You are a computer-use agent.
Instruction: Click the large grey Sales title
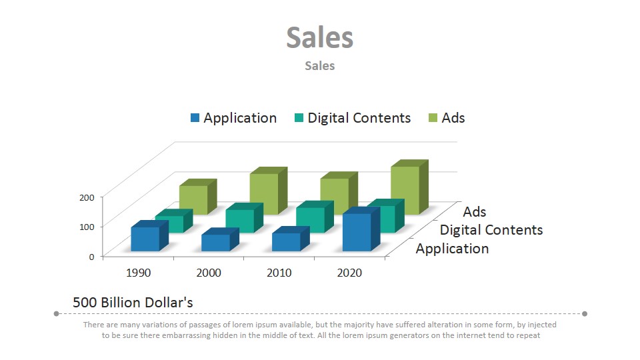point(320,37)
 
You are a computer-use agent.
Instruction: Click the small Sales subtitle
point(320,65)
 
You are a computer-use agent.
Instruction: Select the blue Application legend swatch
point(195,118)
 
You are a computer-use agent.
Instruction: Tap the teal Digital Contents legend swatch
point(299,118)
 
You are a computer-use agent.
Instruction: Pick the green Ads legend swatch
point(433,118)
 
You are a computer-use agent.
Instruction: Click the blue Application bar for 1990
point(145,239)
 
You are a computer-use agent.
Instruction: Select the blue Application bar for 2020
point(357,232)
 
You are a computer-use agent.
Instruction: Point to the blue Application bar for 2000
point(215,243)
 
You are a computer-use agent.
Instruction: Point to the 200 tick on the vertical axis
point(87,197)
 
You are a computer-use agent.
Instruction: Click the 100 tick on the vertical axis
point(87,227)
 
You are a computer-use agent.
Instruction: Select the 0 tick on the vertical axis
point(91,257)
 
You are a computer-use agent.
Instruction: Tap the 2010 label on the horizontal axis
point(279,273)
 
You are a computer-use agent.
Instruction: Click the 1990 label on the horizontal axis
point(138,273)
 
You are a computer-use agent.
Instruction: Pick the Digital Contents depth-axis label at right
point(491,230)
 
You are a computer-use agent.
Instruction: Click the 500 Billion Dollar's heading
point(133,303)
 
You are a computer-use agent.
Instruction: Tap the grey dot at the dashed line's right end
point(585,313)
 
